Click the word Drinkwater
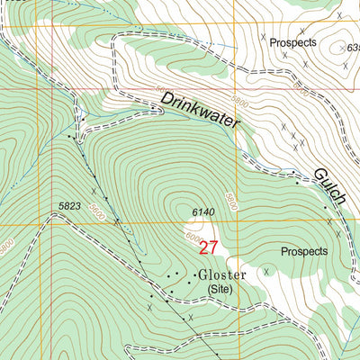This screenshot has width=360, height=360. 202,115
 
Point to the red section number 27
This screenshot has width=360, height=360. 209,247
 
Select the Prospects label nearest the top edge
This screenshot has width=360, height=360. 294,42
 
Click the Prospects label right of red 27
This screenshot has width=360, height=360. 304,251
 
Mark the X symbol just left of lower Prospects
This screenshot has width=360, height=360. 266,268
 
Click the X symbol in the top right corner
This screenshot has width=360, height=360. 338,15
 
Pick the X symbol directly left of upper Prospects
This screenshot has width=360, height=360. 264,37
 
